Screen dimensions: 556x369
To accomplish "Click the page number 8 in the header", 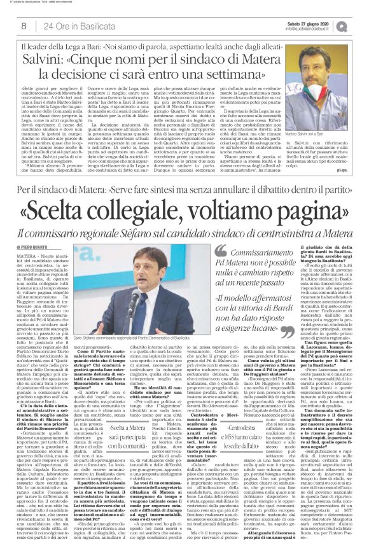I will pos(24,25).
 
